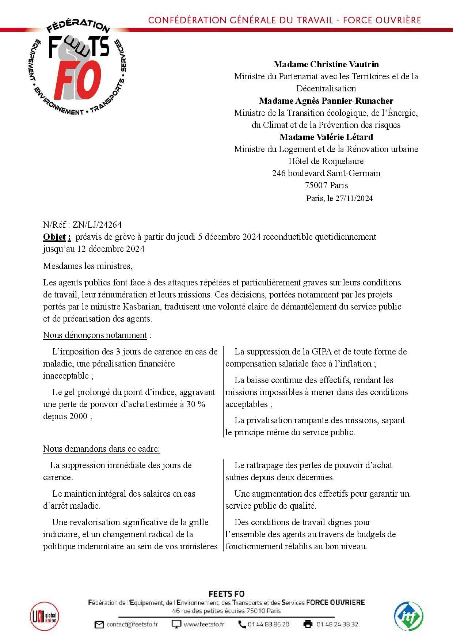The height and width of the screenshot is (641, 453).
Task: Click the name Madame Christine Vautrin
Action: pyautogui.click(x=326, y=64)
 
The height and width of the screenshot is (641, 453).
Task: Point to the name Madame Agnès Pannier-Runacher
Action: pyautogui.click(x=326, y=100)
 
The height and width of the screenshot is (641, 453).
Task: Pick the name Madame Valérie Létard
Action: pyautogui.click(x=326, y=137)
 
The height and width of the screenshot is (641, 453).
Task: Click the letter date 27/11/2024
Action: pyautogui.click(x=354, y=198)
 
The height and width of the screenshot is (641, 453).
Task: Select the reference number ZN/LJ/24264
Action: pyautogui.click(x=97, y=225)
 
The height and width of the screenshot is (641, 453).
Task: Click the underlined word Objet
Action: pyautogui.click(x=55, y=237)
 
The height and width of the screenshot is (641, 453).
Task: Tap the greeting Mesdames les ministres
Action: pyautogui.click(x=88, y=266)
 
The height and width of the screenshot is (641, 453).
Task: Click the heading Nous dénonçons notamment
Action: pyautogui.click(x=95, y=335)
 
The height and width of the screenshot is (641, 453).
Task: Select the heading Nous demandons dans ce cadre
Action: pyautogui.click(x=101, y=449)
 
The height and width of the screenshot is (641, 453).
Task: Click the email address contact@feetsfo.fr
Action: pyautogui.click(x=132, y=624)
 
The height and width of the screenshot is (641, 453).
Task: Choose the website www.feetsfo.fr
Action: pyautogui.click(x=204, y=624)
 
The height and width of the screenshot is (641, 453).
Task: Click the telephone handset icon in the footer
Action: pyautogui.click(x=242, y=624)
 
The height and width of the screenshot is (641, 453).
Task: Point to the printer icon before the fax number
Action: pyautogui.click(x=308, y=624)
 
